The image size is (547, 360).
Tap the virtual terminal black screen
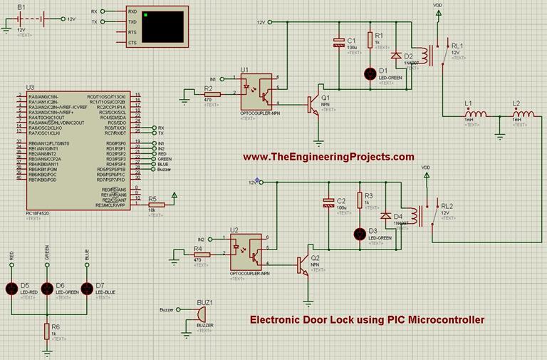pos(163,27)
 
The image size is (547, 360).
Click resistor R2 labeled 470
pos(209,93)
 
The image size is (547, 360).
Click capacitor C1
pos(338,43)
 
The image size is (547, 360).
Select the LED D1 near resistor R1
pos(370,73)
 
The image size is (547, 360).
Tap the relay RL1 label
pos(457,46)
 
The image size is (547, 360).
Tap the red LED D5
pos(12,288)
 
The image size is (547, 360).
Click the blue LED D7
pos(87,288)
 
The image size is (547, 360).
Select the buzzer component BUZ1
pos(201,313)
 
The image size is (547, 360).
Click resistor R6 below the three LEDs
pos(48,329)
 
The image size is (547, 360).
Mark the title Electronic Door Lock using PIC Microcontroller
pos(367,319)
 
